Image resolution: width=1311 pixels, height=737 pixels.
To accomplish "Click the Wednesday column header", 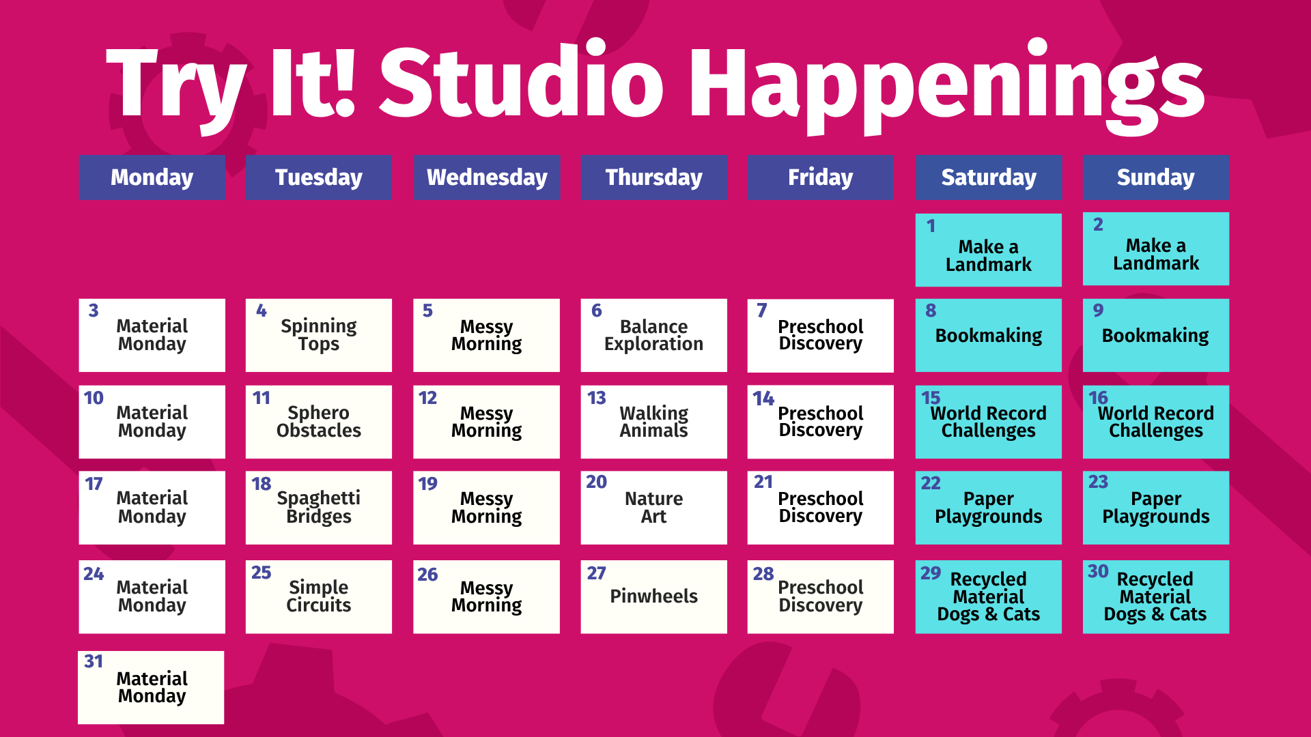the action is pos(487,177).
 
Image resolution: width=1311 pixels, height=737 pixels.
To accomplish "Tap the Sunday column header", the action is pos(1155,177).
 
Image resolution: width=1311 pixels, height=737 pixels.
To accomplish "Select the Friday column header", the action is pos(820,177).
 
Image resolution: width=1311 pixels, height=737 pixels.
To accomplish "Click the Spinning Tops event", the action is pos(319,335).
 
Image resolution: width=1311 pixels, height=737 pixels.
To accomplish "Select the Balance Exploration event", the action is pos(653,335).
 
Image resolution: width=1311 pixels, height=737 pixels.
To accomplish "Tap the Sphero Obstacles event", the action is pos(319,422).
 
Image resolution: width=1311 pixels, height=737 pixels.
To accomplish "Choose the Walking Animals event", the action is pos(653,422).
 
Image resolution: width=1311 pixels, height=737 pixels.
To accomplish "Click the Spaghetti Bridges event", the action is pos(319,507).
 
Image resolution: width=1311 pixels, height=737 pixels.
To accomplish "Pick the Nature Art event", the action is pos(653,507).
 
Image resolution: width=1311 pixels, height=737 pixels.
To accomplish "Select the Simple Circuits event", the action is pos(319,596).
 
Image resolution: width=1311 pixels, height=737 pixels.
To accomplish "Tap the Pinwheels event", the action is pos(653,596).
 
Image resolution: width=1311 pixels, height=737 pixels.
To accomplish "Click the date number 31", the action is pos(94,661).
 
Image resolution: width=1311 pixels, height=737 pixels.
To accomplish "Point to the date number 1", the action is pos(931,226).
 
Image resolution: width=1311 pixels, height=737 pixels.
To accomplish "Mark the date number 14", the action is pos(763,398).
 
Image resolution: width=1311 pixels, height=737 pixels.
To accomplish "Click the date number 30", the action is pos(1098,571).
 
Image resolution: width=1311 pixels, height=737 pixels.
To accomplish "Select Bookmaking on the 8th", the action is pos(989,336).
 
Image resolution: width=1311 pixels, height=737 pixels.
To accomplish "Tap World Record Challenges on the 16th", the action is pos(1156,422).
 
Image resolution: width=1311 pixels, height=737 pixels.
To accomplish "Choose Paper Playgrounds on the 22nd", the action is pos(989,508).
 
